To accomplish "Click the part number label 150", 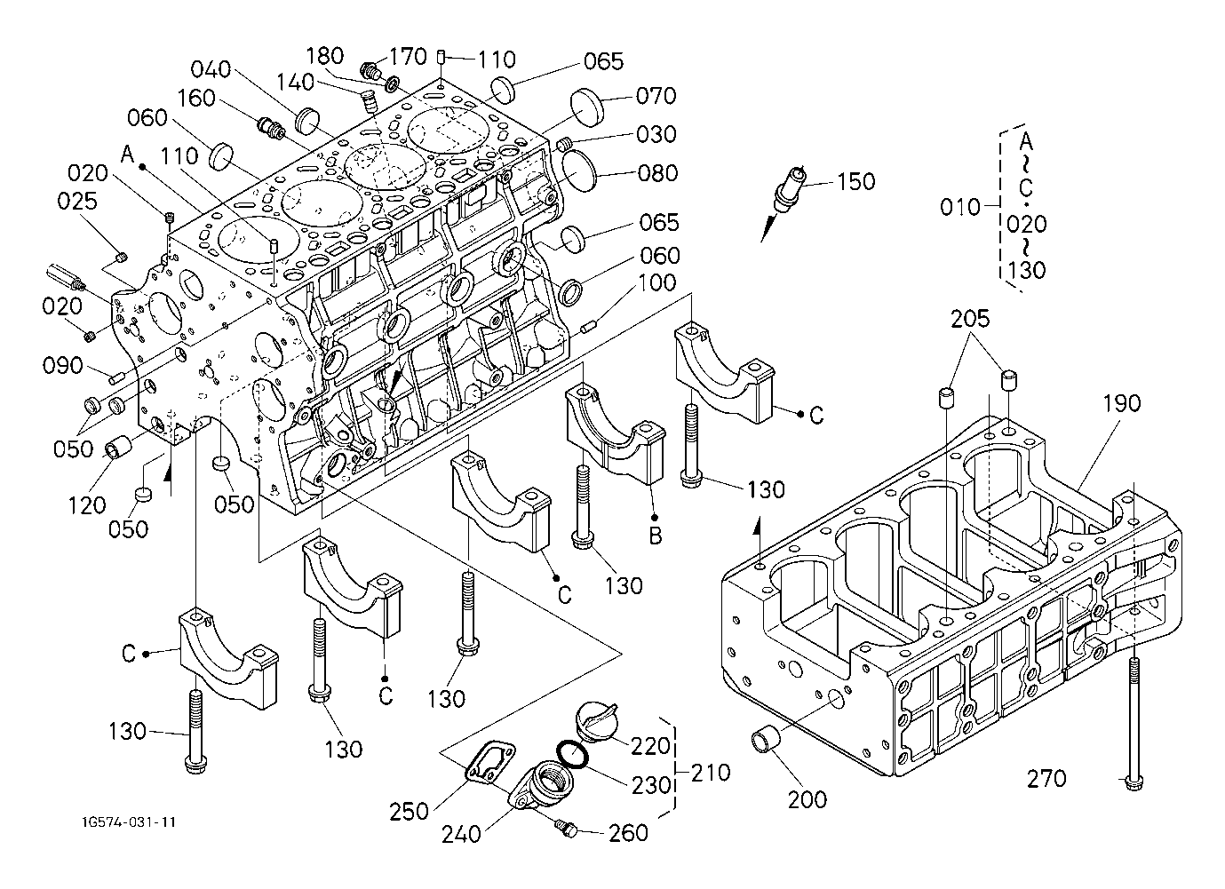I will point(855,181).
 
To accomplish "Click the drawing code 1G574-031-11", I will point(127,822).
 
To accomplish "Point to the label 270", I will point(1046,779).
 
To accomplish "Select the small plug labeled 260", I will point(565,829).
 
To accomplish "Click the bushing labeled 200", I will point(767,739).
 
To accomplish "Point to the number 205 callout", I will point(971,319).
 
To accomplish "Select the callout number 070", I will point(656,96).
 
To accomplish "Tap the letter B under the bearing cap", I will point(654,536).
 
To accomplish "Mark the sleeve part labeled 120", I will point(120,448).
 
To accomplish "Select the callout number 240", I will point(461,833).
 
